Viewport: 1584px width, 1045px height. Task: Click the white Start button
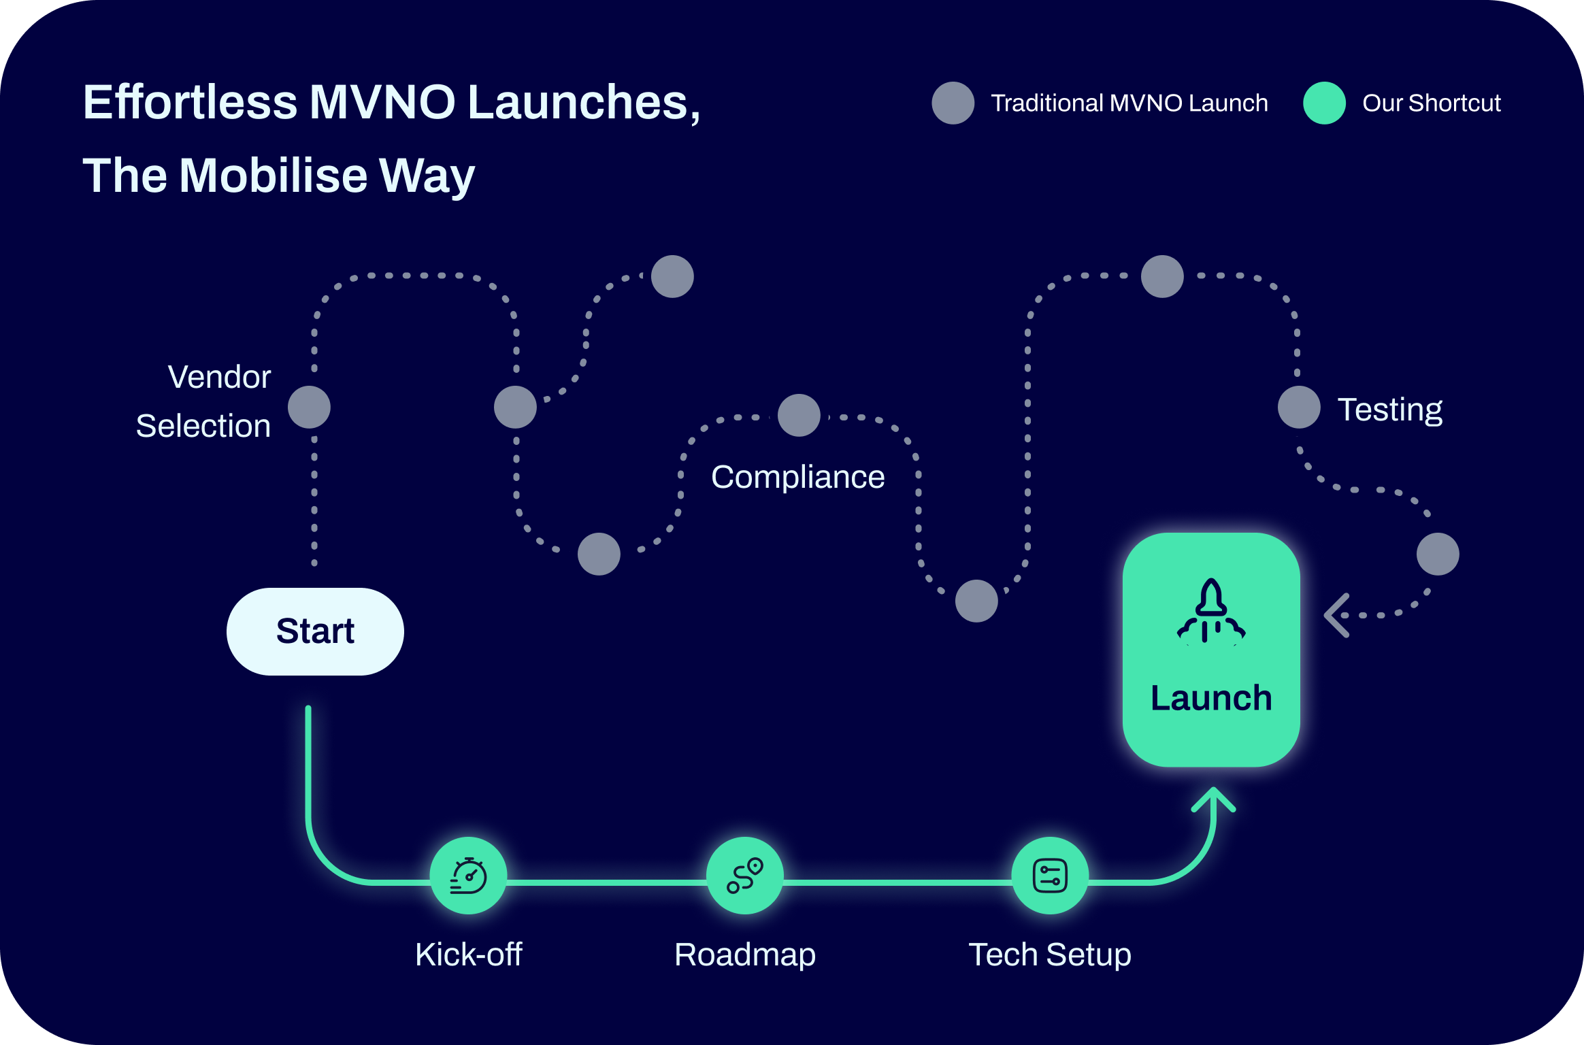coord(315,631)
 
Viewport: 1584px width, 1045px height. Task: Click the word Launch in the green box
coord(1211,698)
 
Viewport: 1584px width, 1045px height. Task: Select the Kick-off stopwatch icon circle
coord(469,876)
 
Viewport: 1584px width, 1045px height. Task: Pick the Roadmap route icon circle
coord(745,876)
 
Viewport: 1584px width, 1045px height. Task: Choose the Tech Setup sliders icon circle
coord(1050,876)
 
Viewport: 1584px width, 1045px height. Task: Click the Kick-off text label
coord(469,955)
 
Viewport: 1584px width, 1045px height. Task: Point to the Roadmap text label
coord(745,955)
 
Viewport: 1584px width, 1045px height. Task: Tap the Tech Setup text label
coord(1050,955)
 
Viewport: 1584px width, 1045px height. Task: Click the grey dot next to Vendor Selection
coord(310,408)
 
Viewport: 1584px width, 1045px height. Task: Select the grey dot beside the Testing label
coord(1299,408)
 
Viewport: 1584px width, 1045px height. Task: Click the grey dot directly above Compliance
coord(799,415)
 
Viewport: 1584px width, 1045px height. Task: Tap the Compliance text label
coord(798,477)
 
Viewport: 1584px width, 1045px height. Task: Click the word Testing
coord(1390,410)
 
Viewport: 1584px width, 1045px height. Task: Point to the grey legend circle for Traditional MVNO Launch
coord(953,103)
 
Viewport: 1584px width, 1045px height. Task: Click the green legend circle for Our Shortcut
coord(1324,103)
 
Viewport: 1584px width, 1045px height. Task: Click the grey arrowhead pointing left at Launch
coord(1336,615)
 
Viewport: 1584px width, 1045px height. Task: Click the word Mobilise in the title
coord(273,176)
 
